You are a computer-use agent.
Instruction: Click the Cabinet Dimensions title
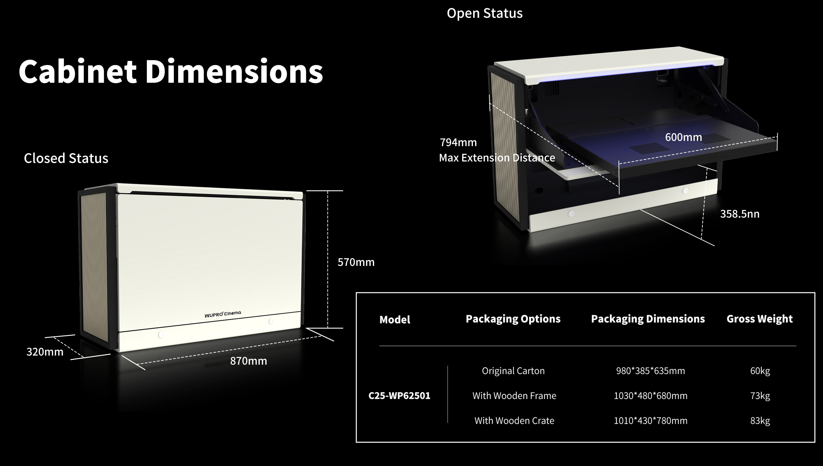[x=171, y=71]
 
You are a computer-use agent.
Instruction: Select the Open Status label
[x=485, y=13]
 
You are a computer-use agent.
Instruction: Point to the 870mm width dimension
[x=249, y=361]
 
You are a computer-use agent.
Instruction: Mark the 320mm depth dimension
[x=45, y=352]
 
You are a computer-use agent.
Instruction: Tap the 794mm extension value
[x=458, y=142]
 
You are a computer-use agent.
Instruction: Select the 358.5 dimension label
[x=739, y=214]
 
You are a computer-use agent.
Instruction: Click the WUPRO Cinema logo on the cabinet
[x=223, y=314]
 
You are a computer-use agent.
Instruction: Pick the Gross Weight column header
[x=760, y=319]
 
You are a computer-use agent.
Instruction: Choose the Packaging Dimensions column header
[x=648, y=319]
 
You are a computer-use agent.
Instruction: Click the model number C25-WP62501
[x=399, y=396]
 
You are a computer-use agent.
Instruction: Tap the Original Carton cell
[x=513, y=371]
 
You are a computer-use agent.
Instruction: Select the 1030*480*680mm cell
[x=650, y=396]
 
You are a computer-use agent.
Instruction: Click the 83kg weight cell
[x=760, y=421]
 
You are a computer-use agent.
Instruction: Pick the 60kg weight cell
[x=760, y=371]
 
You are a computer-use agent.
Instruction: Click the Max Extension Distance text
[x=497, y=158]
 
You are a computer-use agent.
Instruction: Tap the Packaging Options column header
[x=513, y=319]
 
